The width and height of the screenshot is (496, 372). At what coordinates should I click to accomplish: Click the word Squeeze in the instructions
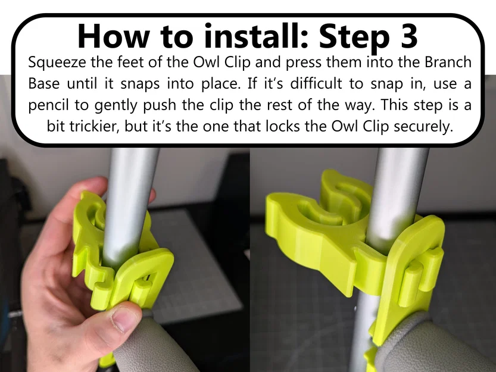[x=55, y=62]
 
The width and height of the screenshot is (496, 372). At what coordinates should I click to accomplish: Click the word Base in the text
[x=44, y=83]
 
